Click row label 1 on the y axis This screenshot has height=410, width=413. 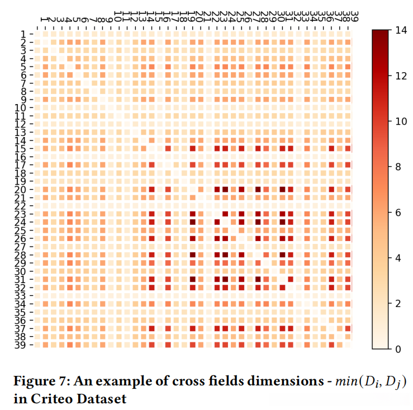(20, 33)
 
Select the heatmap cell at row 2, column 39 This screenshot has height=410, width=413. (349, 41)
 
